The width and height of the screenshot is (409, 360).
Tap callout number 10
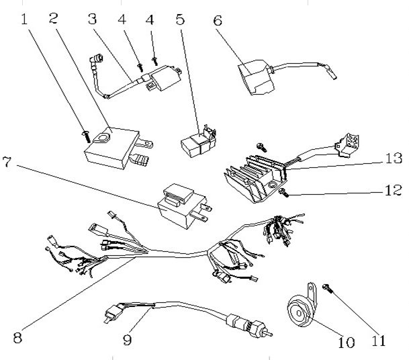[346, 343]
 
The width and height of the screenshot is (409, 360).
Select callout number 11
[379, 341]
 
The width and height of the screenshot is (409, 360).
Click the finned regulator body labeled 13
[252, 176]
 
